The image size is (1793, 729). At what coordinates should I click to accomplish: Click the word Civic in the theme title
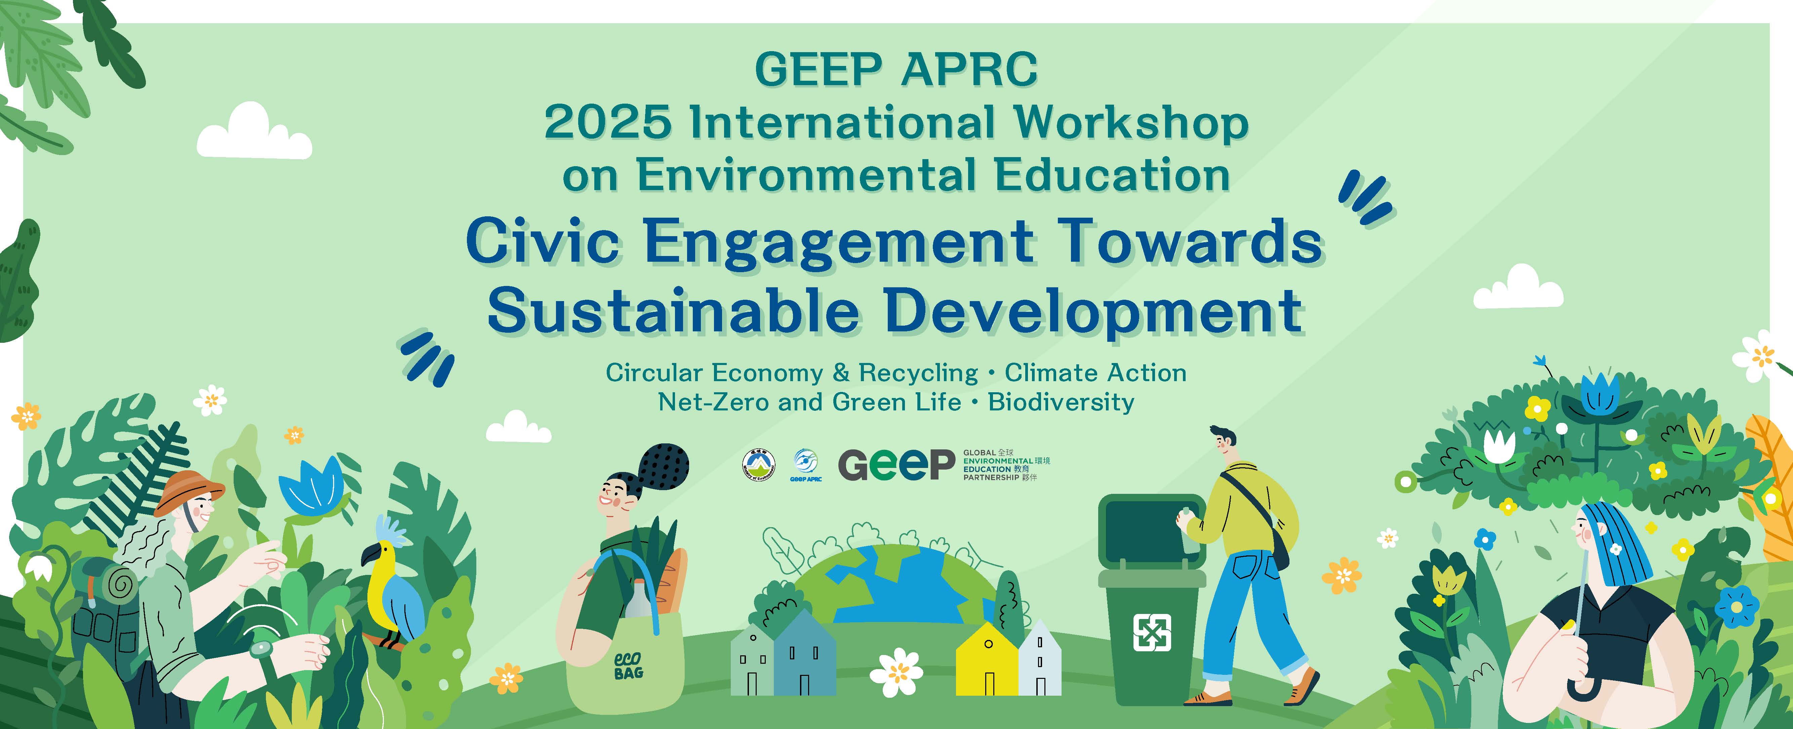click(543, 242)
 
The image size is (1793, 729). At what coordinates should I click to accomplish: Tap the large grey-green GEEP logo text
click(896, 465)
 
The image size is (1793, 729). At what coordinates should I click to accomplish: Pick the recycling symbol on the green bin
click(1152, 632)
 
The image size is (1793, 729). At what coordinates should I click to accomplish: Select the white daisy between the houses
click(896, 672)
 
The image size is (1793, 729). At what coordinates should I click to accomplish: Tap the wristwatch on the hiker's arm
click(261, 649)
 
